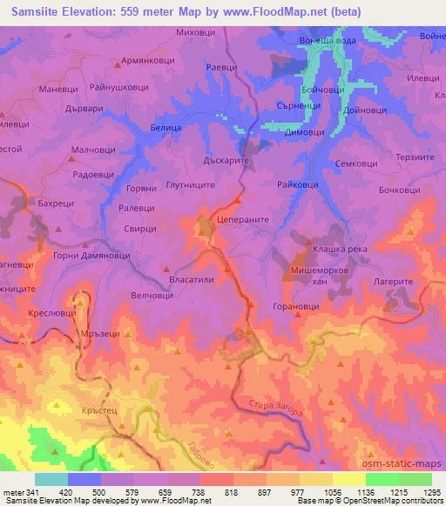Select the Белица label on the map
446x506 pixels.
[x=166, y=127]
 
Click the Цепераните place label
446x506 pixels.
[x=243, y=221]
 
